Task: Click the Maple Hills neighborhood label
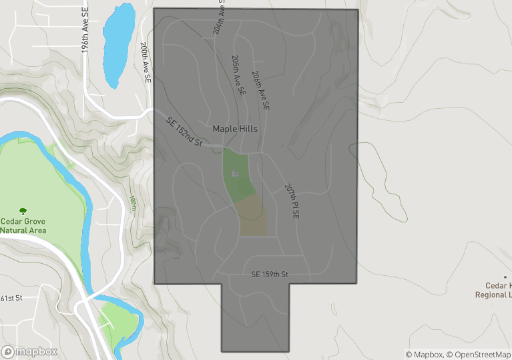click(234, 128)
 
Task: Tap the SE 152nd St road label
click(184, 130)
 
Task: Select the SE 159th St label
click(269, 275)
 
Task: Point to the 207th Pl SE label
click(291, 201)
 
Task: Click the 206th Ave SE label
click(260, 90)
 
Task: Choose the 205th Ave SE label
click(238, 75)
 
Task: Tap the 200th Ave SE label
click(145, 63)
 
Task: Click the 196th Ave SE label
click(85, 41)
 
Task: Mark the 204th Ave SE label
click(218, 17)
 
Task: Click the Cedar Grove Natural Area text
click(23, 226)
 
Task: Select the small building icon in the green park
click(234, 174)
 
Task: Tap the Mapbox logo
click(29, 351)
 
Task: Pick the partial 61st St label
click(12, 298)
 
